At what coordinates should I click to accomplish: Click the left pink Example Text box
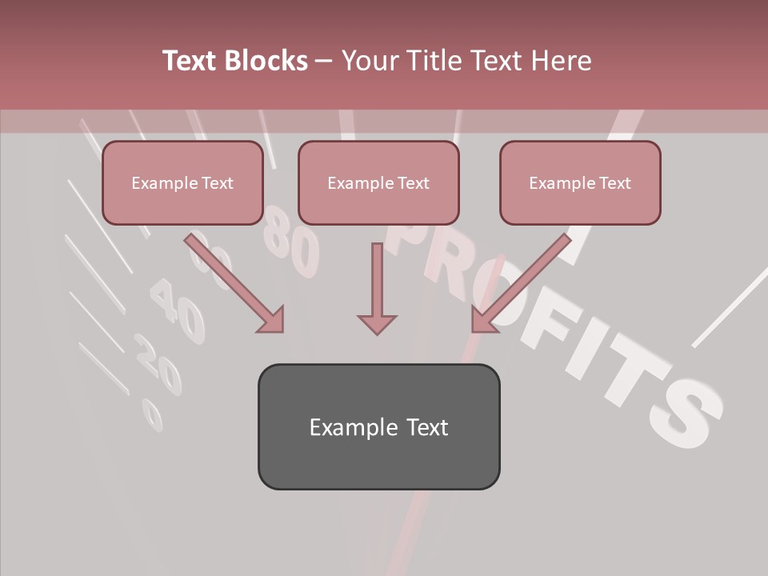pyautogui.click(x=182, y=182)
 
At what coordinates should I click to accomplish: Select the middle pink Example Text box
pyautogui.click(x=378, y=182)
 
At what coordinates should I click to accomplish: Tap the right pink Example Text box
pyautogui.click(x=580, y=182)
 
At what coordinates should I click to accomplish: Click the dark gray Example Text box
pyautogui.click(x=378, y=426)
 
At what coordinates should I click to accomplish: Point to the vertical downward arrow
pyautogui.click(x=377, y=288)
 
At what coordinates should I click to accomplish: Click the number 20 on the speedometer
pyautogui.click(x=158, y=364)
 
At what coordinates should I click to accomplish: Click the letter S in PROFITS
pyautogui.click(x=684, y=412)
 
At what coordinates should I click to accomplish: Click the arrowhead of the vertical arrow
pyautogui.click(x=377, y=323)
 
